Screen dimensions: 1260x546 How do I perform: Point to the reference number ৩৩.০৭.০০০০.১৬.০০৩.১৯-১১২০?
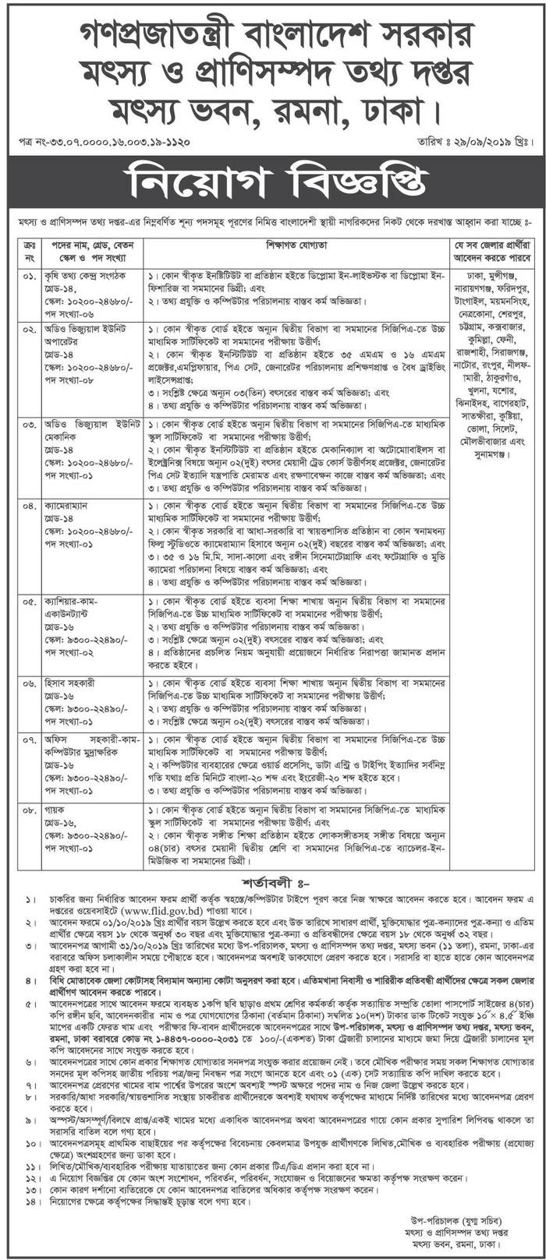pos(109,143)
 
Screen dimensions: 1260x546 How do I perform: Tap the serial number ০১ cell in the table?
pos(29,276)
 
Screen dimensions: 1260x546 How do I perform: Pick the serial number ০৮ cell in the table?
pos(29,810)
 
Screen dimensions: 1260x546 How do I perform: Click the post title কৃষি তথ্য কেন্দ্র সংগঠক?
pos(89,276)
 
